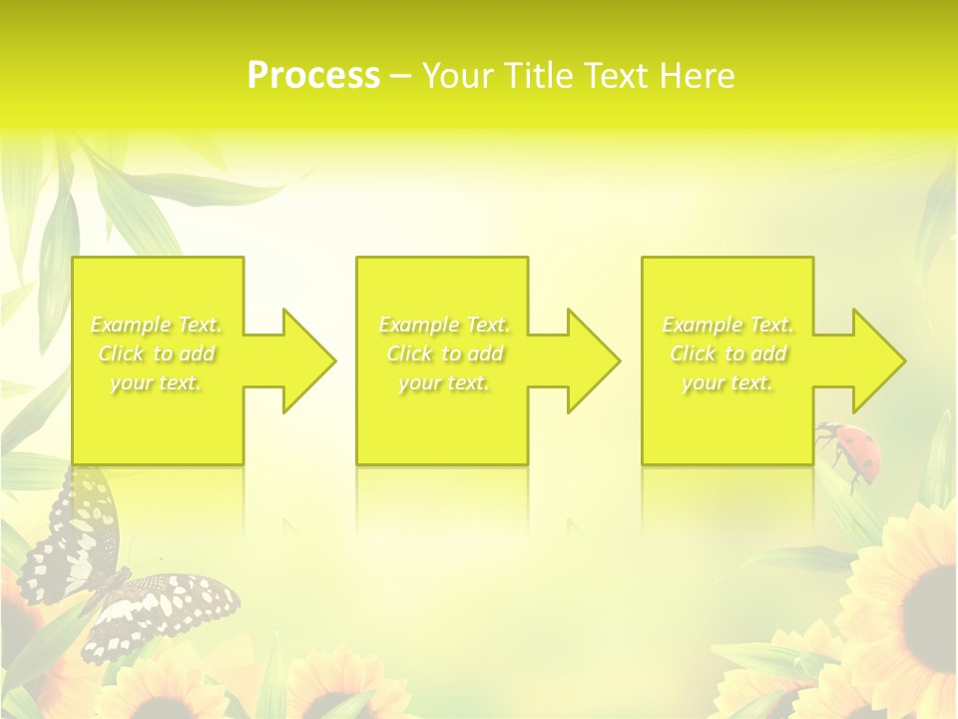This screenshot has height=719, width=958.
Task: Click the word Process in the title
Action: [313, 76]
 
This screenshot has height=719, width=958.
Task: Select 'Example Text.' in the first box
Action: [157, 325]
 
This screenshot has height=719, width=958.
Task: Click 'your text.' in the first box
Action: [157, 382]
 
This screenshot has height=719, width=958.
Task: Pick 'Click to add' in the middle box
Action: [444, 354]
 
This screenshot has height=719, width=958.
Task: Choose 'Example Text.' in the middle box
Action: [444, 325]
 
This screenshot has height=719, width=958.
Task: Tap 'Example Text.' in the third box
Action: [727, 325]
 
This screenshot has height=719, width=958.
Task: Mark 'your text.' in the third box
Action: [727, 382]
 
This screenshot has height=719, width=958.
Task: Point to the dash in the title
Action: [401, 76]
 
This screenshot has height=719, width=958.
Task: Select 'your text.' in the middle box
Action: [444, 382]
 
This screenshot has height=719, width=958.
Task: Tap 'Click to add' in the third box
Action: [727, 354]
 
